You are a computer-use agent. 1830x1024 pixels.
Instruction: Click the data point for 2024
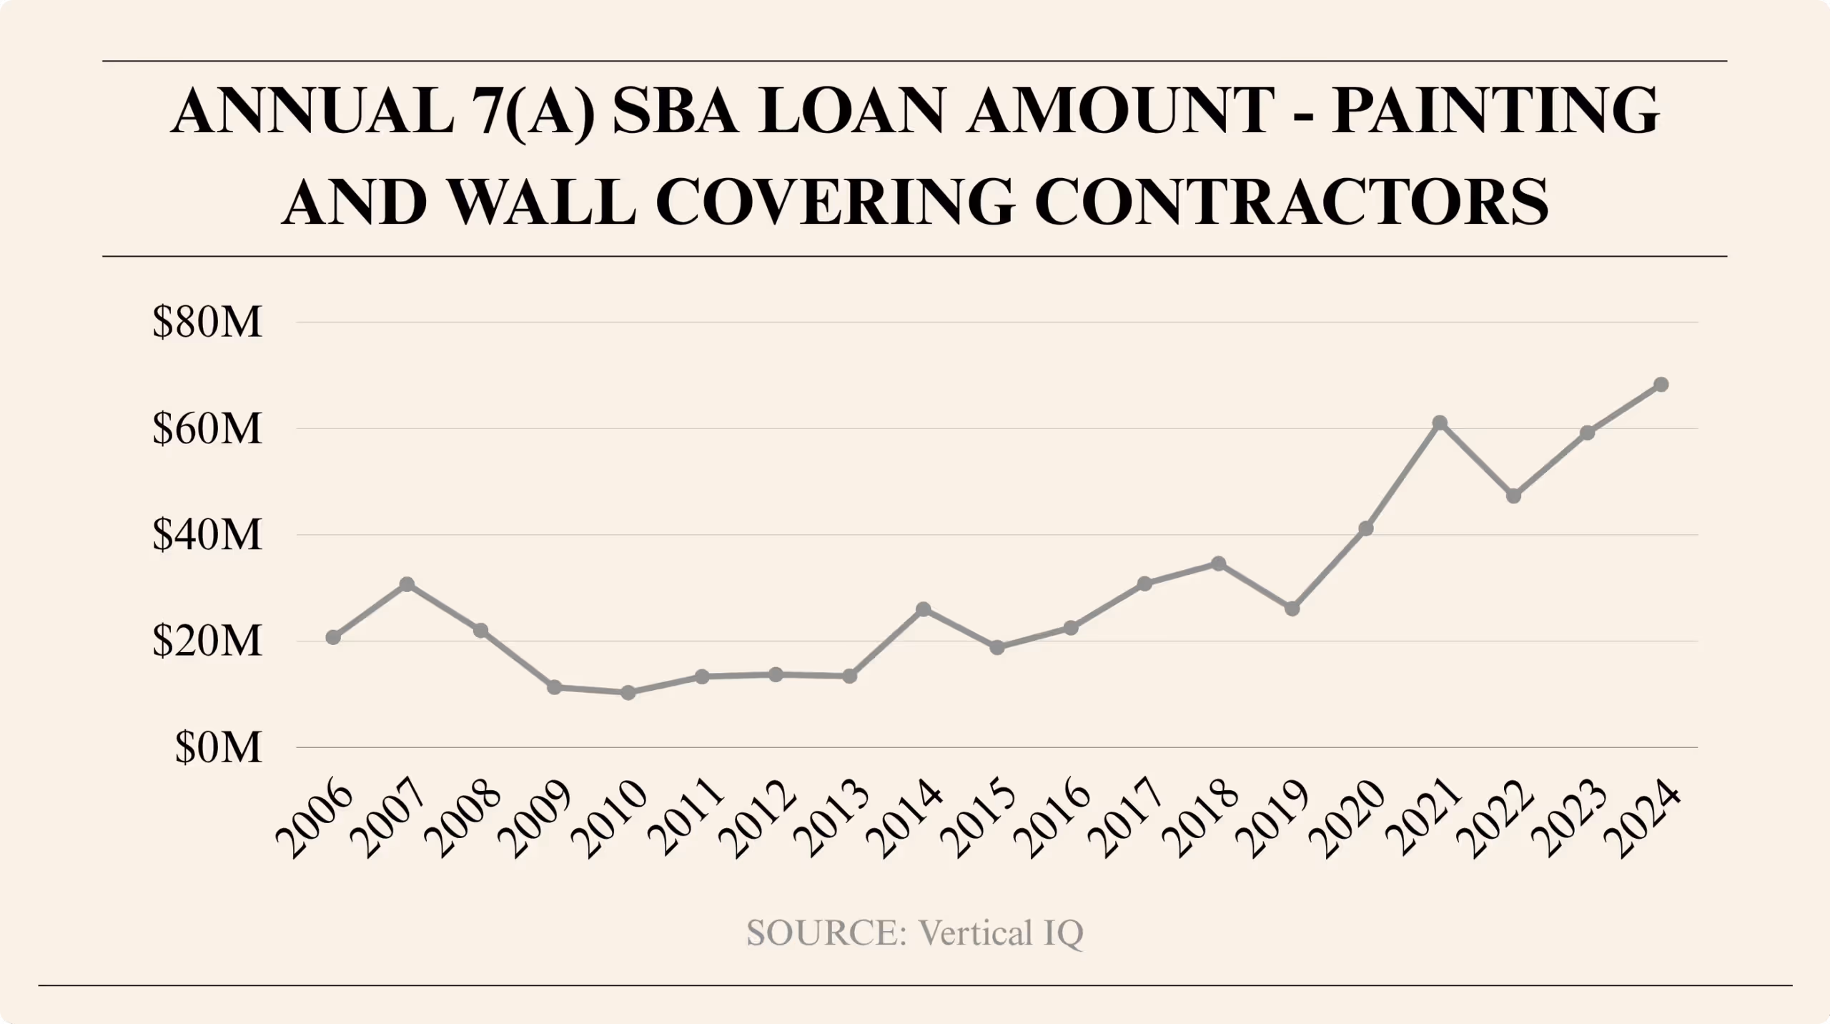pos(1661,385)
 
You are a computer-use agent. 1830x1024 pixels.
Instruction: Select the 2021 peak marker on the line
pos(1440,423)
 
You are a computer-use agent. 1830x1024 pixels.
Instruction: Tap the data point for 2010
pos(628,692)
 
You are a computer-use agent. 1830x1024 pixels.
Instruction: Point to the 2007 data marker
pos(407,584)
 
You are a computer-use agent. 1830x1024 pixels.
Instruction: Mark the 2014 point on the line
pos(924,609)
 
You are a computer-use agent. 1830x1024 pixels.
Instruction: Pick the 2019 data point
pos(1292,609)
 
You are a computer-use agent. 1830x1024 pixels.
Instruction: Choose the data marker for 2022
pos(1514,496)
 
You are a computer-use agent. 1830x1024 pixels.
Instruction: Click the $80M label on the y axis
pos(207,323)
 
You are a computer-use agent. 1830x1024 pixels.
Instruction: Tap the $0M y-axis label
pos(219,748)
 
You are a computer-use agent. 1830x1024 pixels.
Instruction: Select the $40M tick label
pos(207,536)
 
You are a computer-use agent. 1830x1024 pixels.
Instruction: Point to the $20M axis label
pos(207,641)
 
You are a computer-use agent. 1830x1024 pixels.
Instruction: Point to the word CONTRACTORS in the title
pos(1290,202)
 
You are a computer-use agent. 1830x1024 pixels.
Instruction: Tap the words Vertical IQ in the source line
pos(1001,932)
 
